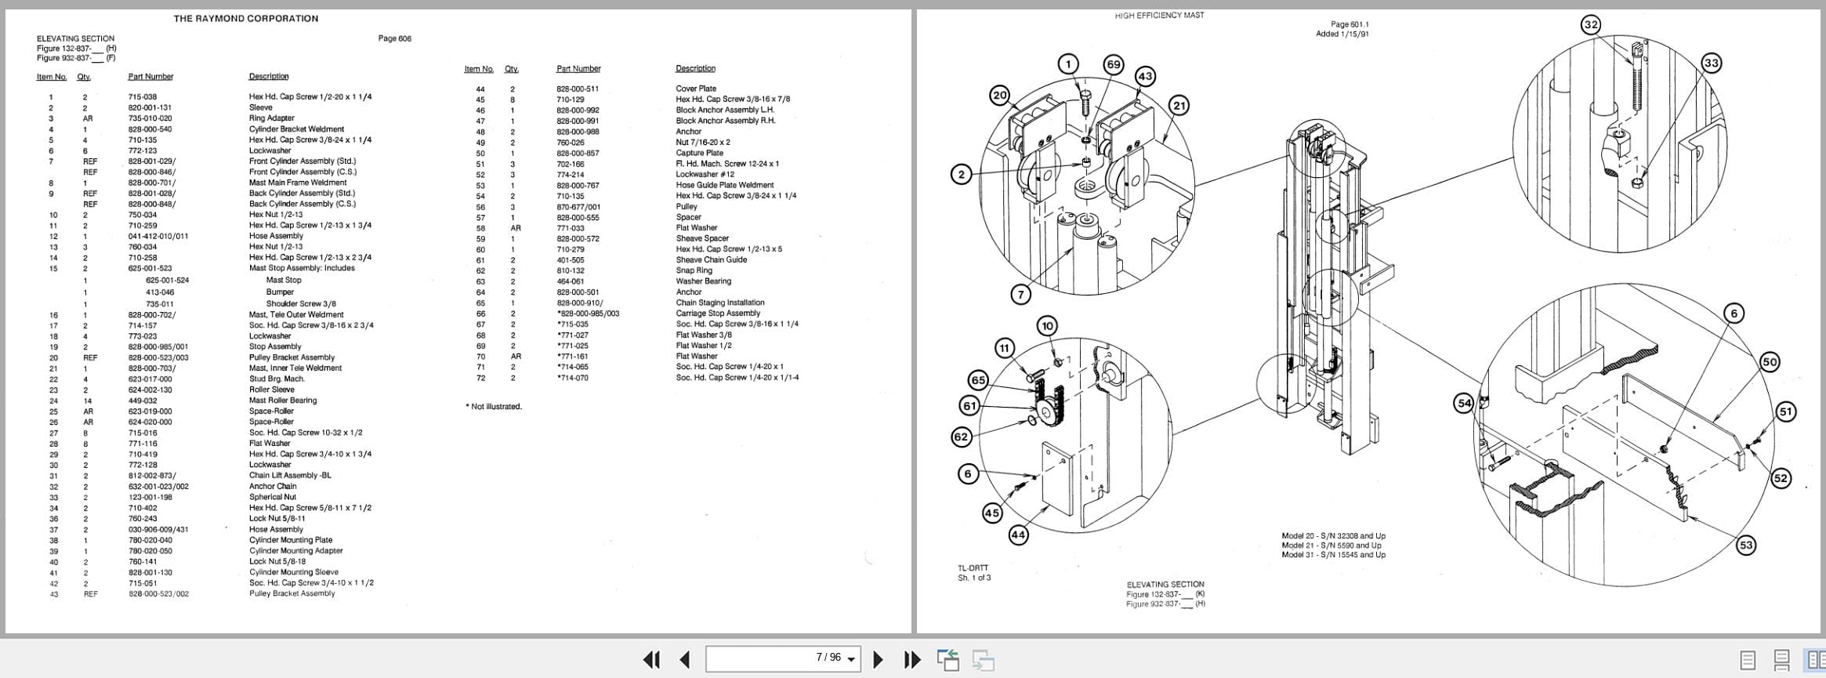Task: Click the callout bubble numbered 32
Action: pos(1590,25)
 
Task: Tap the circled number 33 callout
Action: pos(1711,63)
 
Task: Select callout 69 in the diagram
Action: pos(1113,64)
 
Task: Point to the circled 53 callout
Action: pos(1745,546)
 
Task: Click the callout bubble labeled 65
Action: pos(978,380)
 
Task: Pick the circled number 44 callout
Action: pos(1017,535)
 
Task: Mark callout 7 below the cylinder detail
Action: pos(1020,295)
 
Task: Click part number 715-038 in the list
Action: pos(143,97)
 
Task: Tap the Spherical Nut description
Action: pos(273,497)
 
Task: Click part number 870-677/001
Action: pos(578,207)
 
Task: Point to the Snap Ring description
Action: pos(694,270)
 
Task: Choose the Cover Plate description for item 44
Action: pos(696,89)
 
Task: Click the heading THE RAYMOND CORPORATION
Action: pos(245,18)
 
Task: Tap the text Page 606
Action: pos(394,38)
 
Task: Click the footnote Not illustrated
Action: pos(494,407)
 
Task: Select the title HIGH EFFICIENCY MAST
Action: pos(1159,16)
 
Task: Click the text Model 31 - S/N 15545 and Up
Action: pos(1333,555)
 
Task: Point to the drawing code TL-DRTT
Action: pos(973,568)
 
